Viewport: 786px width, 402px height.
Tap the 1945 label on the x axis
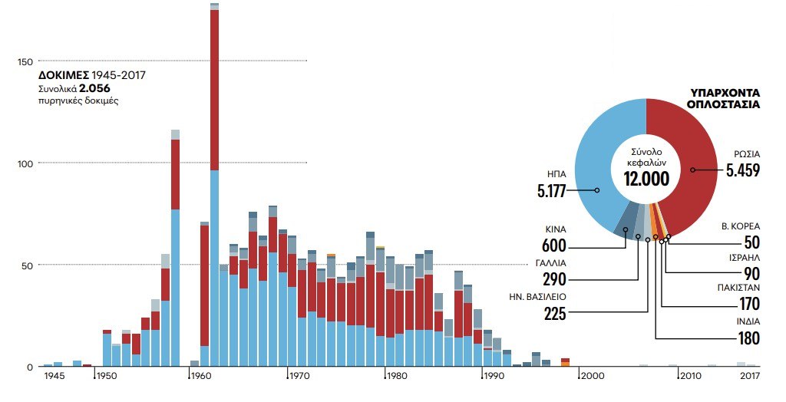[54, 376]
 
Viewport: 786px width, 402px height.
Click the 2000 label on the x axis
[591, 376]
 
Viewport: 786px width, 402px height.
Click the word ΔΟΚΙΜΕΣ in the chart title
[64, 76]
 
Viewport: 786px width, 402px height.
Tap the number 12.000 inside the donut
[646, 179]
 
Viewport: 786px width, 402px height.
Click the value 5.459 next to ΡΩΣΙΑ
[742, 170]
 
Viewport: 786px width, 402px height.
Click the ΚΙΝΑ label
[555, 229]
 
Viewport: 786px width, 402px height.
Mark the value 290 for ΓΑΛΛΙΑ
[554, 279]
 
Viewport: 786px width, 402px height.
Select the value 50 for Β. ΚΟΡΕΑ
[751, 243]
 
